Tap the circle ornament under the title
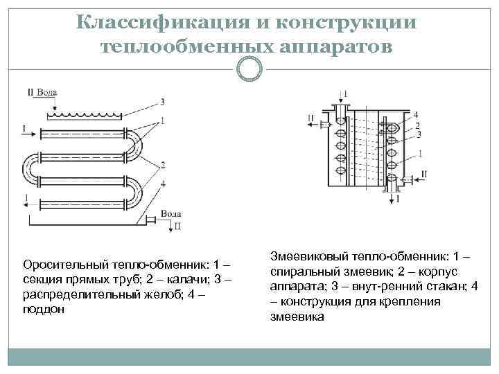(x=249, y=68)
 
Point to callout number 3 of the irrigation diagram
(x=161, y=101)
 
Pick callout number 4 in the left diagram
(x=162, y=184)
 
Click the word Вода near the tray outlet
(x=171, y=215)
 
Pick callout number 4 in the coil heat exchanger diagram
(x=414, y=114)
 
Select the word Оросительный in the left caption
(x=60, y=265)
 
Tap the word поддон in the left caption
(x=44, y=310)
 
